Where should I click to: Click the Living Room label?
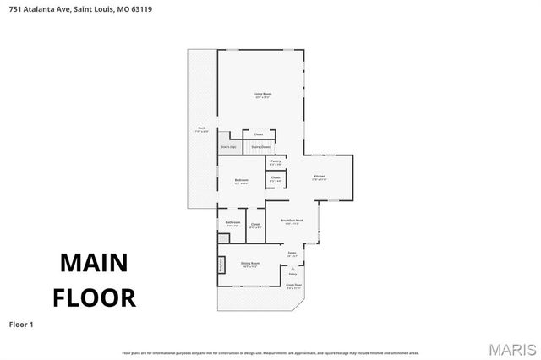(x=262, y=95)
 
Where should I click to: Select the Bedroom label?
(x=241, y=181)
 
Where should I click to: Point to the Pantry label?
(x=276, y=161)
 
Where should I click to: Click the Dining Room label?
(x=249, y=264)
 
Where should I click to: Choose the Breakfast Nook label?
(x=292, y=221)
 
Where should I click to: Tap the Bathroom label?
(x=232, y=223)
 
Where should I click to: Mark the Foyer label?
(x=292, y=254)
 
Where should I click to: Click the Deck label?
(x=202, y=129)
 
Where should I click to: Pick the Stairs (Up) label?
(x=228, y=147)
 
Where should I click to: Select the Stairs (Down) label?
(x=260, y=147)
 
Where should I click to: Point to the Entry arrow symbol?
(x=292, y=267)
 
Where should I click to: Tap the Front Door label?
(x=293, y=286)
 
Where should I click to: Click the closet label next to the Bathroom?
(x=255, y=225)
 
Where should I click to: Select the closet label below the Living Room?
(x=259, y=134)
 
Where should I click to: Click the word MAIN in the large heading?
(x=94, y=263)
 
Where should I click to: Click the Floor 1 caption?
(x=21, y=324)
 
